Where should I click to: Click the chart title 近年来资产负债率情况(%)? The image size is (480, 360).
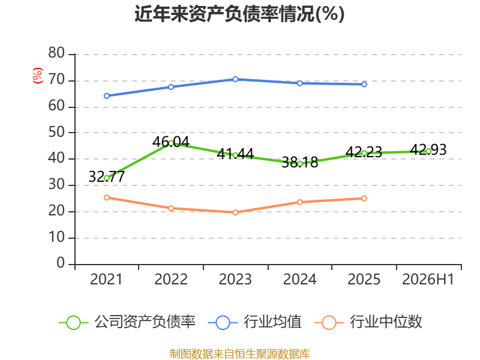point(239,14)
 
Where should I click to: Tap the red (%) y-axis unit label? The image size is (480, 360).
point(37,76)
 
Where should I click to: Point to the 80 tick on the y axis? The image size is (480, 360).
point(56,53)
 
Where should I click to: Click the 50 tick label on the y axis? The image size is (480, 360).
point(56,132)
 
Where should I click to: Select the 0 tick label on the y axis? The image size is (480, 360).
point(61,263)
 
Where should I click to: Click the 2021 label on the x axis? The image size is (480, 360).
point(106,279)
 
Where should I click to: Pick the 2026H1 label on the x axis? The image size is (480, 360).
point(428,279)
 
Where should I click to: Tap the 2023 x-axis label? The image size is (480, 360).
point(235,279)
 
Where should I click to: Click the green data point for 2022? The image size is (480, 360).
point(171,143)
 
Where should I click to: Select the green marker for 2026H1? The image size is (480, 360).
point(428,151)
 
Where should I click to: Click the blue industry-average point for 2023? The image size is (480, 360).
point(235,79)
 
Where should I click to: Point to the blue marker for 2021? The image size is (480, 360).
point(107,96)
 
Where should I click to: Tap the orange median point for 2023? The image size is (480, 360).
point(235,212)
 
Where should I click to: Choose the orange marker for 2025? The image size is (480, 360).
point(364,199)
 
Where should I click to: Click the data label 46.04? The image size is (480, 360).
point(171,142)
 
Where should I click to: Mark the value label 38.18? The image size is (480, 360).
point(299,162)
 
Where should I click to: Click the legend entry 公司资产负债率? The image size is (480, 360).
point(127,322)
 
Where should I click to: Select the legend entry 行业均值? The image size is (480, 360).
point(254,322)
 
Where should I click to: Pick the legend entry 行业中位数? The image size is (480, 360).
point(368,322)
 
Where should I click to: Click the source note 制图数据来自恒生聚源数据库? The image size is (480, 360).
point(240,354)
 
